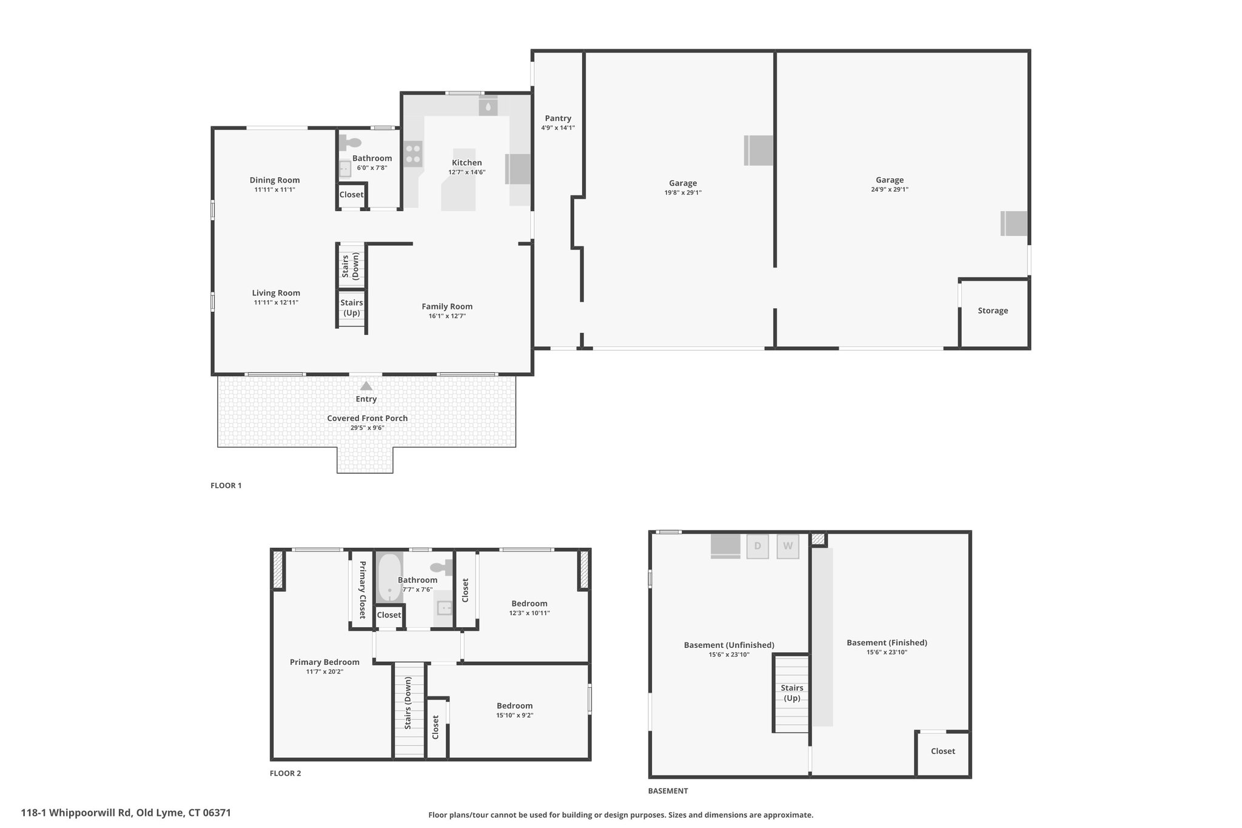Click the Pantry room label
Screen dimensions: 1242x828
[558, 118]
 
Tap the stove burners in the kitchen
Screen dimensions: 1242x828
[413, 153]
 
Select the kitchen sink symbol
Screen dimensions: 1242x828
[488, 107]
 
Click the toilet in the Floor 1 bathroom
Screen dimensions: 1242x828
[350, 143]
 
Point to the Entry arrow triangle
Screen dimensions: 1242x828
[366, 386]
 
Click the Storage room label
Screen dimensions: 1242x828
[993, 311]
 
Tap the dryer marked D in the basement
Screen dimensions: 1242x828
[757, 546]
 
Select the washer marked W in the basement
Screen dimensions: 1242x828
[788, 546]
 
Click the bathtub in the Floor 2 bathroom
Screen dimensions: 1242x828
[389, 577]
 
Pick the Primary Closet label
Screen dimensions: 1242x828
[363, 590]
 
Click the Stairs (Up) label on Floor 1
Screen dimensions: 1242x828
[352, 308]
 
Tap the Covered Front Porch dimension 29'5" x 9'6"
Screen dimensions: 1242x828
[367, 428]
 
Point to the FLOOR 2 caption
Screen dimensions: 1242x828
[285, 773]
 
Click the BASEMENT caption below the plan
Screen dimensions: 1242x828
[668, 791]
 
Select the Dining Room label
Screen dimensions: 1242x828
[275, 180]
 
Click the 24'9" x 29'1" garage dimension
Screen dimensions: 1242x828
[890, 189]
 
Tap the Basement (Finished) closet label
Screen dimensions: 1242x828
[943, 751]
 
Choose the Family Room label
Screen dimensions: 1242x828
[447, 306]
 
